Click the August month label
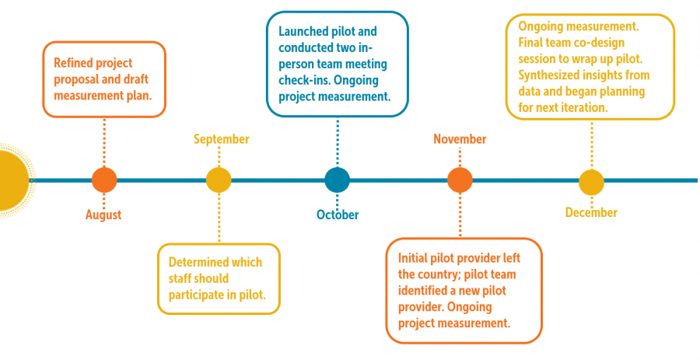pos(103,215)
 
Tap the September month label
pos(222,139)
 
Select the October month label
pos(338,215)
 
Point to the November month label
pos(460,139)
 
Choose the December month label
pos(592,213)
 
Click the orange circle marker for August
pos(104,180)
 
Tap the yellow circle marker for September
pos(219,180)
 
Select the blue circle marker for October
pos(337,180)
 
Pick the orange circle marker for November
pos(460,180)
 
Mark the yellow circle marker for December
pos(592,183)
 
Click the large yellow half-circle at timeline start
pos(13,180)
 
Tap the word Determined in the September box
pos(197,262)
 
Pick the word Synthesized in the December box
pos(547,75)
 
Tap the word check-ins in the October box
pos(300,81)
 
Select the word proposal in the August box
pos(73,80)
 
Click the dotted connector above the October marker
pos(338,142)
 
